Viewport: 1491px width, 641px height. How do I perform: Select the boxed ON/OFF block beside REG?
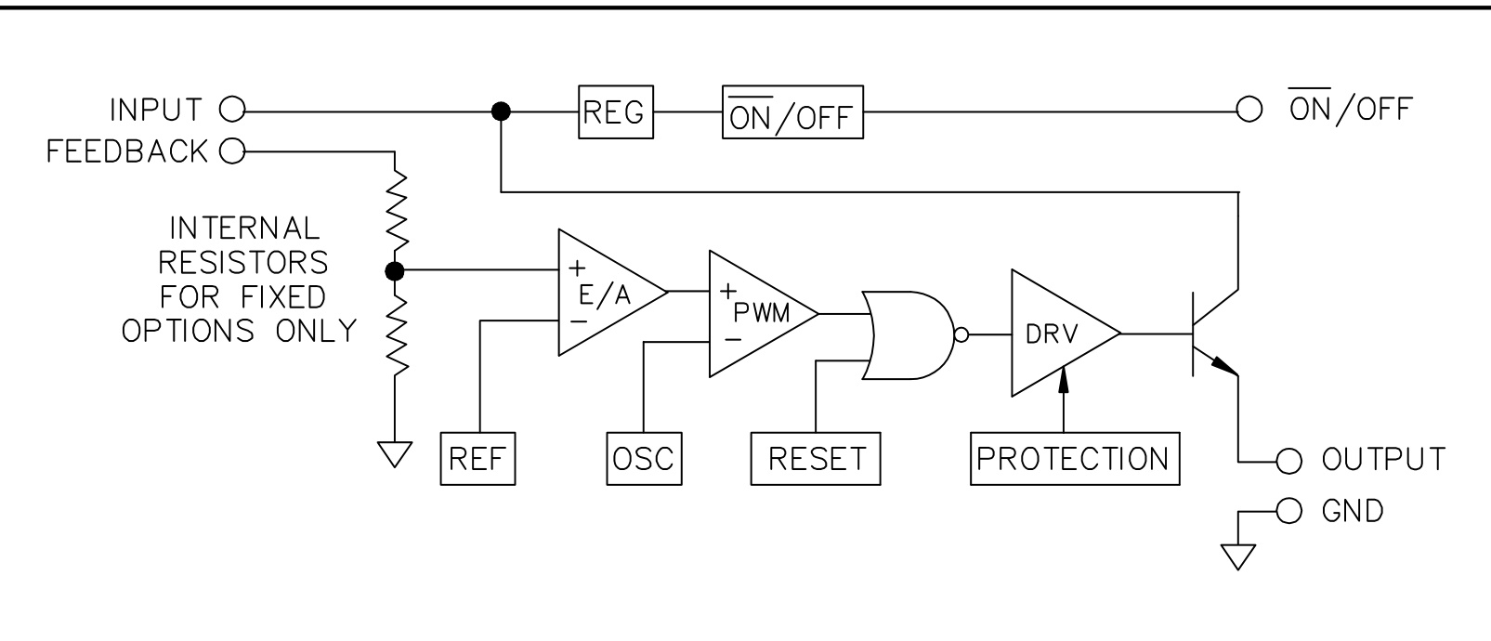click(x=792, y=112)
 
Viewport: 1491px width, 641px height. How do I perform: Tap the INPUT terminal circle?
click(x=230, y=111)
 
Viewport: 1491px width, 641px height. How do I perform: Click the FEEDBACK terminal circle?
click(x=230, y=150)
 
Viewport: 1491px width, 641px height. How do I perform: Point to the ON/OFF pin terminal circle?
click(x=1248, y=111)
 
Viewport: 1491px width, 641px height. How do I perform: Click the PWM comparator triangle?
click(x=753, y=313)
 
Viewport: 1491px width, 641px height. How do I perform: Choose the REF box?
click(x=477, y=459)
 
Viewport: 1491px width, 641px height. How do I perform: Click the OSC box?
click(x=643, y=459)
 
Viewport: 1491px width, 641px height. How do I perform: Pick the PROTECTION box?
click(x=1075, y=459)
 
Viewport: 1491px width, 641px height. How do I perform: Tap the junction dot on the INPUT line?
click(x=501, y=111)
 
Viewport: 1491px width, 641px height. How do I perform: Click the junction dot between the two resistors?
click(x=395, y=271)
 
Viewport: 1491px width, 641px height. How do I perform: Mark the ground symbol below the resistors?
click(x=395, y=454)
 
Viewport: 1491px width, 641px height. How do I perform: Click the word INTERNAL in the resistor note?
click(x=243, y=228)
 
